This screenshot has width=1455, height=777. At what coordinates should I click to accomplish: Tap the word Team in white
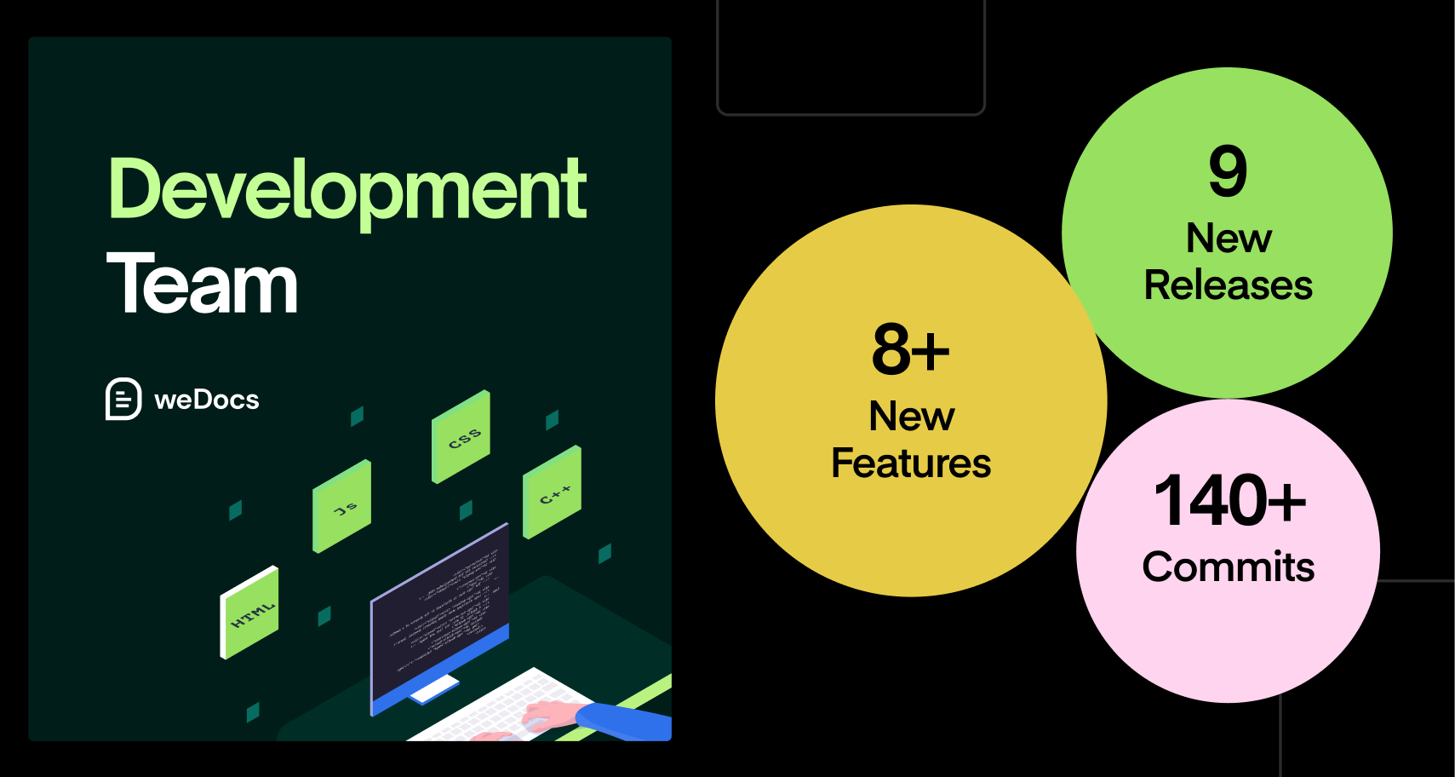pyautogui.click(x=202, y=284)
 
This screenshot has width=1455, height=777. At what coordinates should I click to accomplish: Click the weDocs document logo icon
pyautogui.click(x=123, y=399)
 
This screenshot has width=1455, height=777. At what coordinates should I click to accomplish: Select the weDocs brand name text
pyautogui.click(x=207, y=400)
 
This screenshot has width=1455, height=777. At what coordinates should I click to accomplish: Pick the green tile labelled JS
pyautogui.click(x=342, y=507)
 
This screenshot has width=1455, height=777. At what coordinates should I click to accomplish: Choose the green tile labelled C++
pyautogui.click(x=552, y=492)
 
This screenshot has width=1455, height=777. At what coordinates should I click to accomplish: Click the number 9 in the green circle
pyautogui.click(x=1228, y=170)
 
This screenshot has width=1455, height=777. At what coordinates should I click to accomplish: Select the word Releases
pyautogui.click(x=1228, y=285)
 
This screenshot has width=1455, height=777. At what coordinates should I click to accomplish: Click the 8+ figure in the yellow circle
pyautogui.click(x=910, y=349)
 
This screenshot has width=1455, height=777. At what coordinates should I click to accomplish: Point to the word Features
pyautogui.click(x=911, y=463)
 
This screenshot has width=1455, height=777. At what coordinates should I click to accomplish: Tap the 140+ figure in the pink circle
pyautogui.click(x=1229, y=501)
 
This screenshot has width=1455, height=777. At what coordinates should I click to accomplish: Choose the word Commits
pyautogui.click(x=1229, y=567)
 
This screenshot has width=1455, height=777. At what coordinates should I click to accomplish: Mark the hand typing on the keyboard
pyautogui.click(x=545, y=714)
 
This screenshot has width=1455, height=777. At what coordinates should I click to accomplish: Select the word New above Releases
pyautogui.click(x=1229, y=239)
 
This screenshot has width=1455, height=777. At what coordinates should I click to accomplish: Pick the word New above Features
pyautogui.click(x=911, y=417)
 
